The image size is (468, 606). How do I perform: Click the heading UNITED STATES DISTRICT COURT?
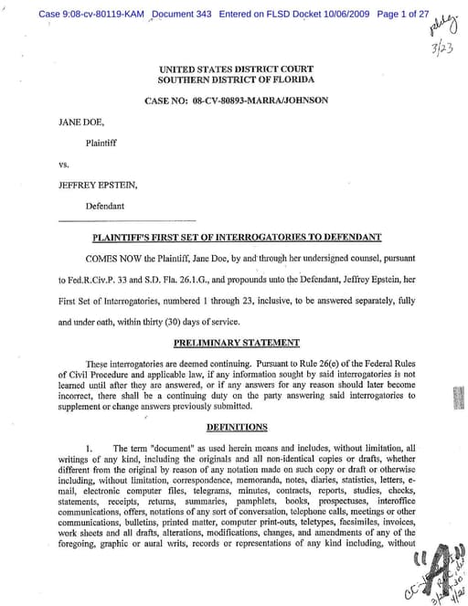click(236, 69)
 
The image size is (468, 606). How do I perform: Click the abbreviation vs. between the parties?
click(64, 165)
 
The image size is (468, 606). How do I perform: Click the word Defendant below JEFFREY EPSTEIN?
click(106, 206)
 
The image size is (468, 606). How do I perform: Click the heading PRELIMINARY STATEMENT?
click(236, 343)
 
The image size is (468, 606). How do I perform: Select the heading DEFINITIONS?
click(236, 426)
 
